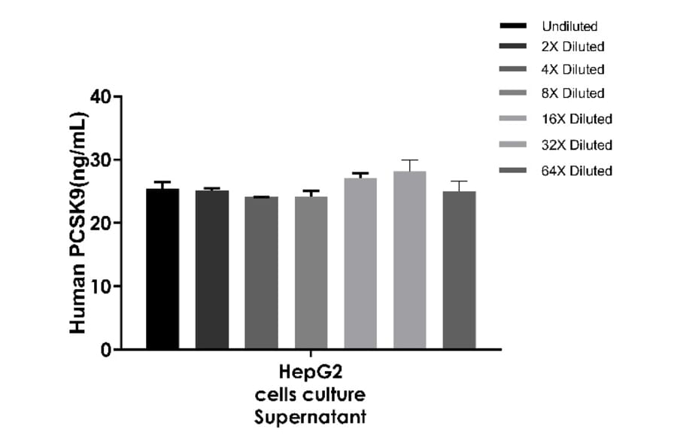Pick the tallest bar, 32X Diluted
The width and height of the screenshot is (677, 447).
[x=409, y=260]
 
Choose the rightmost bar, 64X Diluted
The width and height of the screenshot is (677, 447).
[x=459, y=270]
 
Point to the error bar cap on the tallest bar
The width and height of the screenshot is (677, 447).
[x=409, y=160]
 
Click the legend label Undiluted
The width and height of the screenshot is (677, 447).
[x=569, y=26]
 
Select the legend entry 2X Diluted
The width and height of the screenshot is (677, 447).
[x=572, y=47]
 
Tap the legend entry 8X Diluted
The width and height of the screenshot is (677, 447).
[x=572, y=93]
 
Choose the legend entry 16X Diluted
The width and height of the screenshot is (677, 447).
[x=576, y=119]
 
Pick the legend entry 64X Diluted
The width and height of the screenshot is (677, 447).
[x=576, y=171]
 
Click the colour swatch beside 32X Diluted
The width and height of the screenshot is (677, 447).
[x=513, y=145]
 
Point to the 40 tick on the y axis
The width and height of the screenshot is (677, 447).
[x=100, y=97]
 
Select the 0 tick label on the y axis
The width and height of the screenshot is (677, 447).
[x=105, y=350]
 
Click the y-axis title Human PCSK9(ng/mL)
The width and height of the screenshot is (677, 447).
[x=78, y=223]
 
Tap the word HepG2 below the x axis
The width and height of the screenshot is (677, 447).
[x=311, y=372]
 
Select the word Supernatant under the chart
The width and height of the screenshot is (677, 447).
[x=311, y=416]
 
